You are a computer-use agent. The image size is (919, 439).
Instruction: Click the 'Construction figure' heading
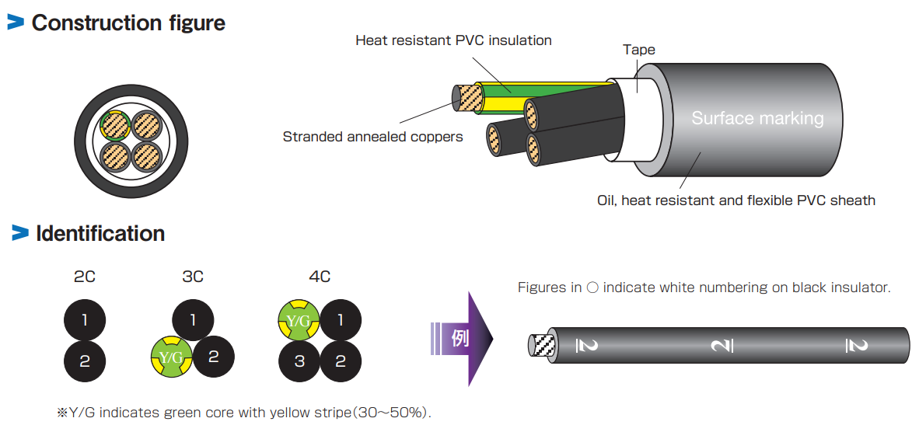point(128,23)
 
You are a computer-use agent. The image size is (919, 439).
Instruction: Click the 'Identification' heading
point(100,233)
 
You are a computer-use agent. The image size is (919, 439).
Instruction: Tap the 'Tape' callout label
point(638,50)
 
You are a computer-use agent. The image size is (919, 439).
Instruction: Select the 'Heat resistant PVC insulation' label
point(453,40)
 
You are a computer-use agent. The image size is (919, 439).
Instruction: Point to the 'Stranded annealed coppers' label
point(372,137)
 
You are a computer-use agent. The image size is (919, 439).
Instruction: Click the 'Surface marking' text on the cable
point(757,118)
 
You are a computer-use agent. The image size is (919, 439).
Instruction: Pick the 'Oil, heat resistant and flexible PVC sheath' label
point(736,200)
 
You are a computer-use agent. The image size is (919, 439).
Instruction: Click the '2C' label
point(84,277)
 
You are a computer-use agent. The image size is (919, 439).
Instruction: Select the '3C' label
point(192,277)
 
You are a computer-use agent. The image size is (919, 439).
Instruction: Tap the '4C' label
point(320,277)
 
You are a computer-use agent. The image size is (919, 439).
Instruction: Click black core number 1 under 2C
point(84,319)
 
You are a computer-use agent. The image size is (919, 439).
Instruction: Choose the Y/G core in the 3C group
point(171,357)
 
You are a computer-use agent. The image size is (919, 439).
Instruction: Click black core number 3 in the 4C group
point(299,361)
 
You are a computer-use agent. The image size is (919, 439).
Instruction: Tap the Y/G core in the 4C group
point(299,319)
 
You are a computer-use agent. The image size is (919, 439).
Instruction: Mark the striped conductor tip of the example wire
point(541,345)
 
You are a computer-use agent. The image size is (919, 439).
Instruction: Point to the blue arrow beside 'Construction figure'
point(16,23)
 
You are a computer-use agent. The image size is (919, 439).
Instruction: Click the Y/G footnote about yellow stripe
point(243,413)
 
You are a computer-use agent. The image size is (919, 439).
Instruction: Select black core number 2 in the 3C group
point(213,357)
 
